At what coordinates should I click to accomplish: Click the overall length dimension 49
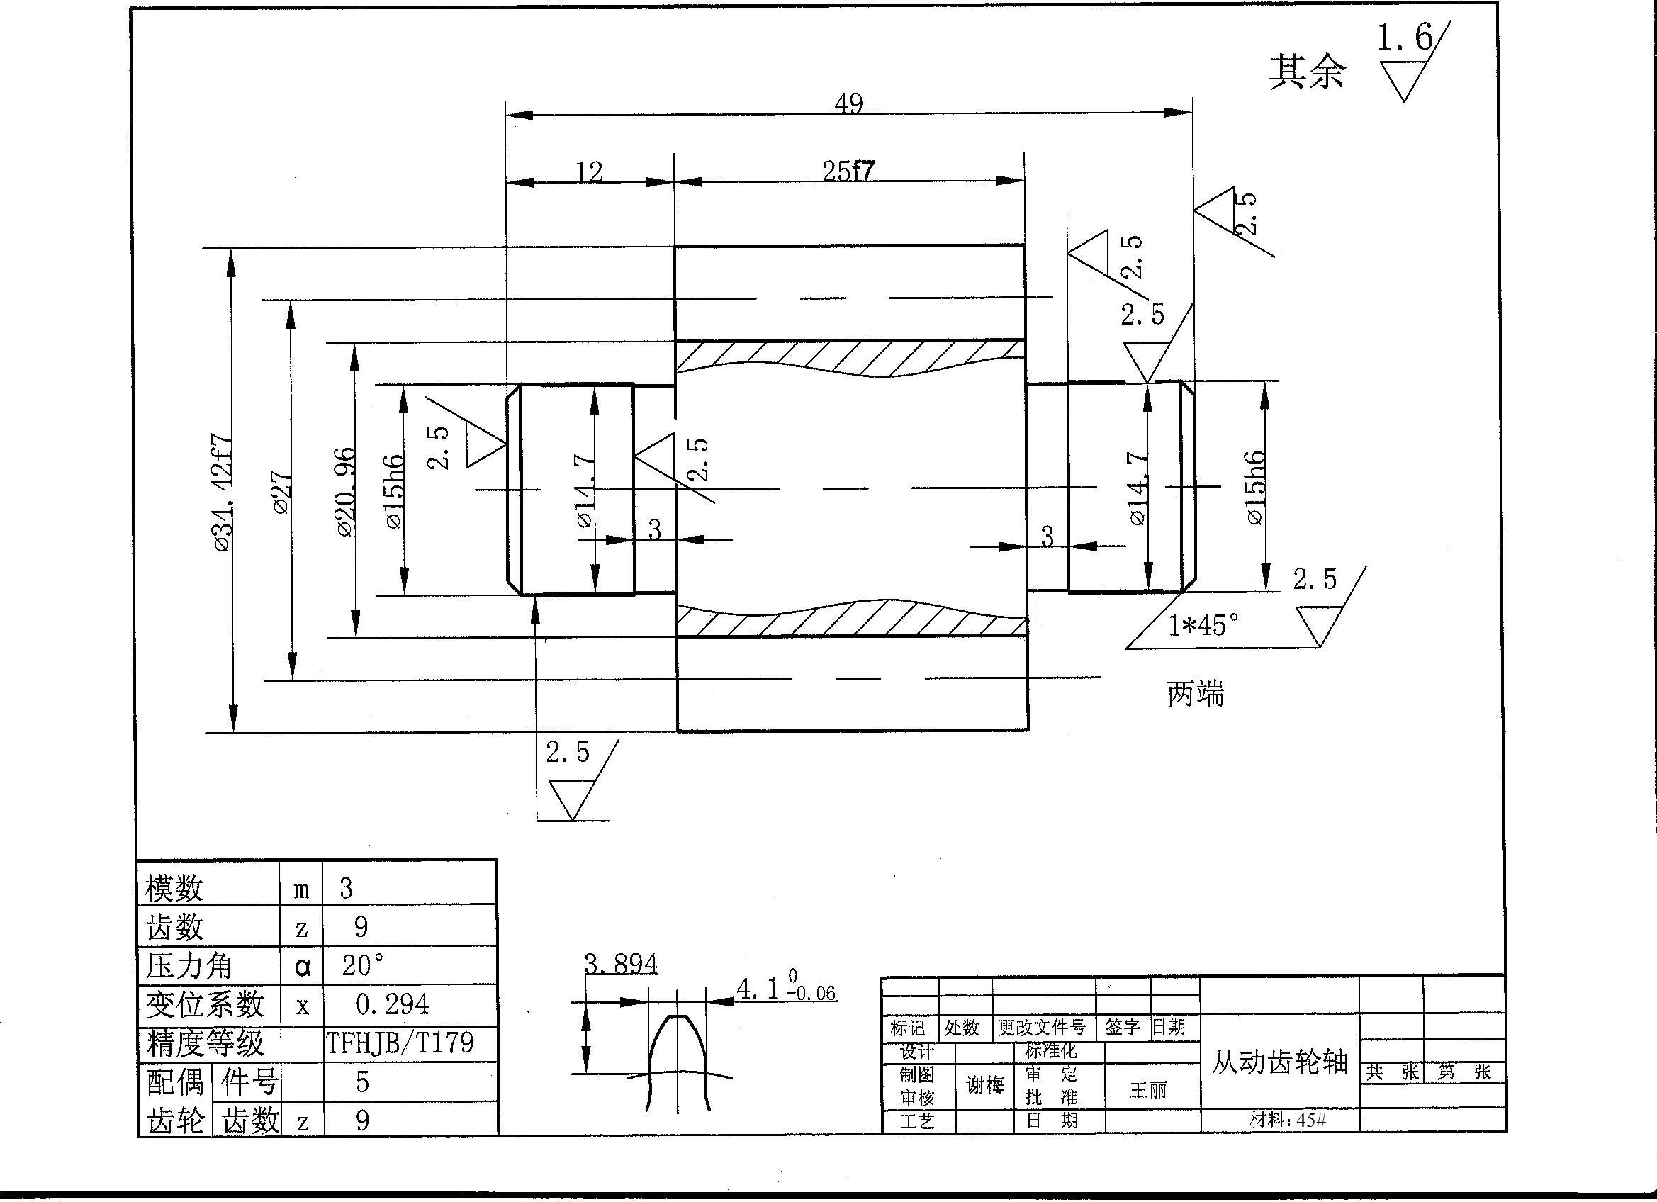(848, 103)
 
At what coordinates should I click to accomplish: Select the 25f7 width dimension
(848, 171)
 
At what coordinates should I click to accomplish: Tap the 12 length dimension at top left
(589, 172)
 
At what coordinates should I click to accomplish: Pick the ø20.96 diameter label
(346, 492)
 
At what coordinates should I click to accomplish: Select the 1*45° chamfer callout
(1203, 626)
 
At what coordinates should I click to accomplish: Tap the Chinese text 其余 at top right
(1306, 72)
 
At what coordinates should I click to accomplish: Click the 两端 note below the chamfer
(1195, 693)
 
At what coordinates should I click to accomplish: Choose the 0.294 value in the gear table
(393, 1005)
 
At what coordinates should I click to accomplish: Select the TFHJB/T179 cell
(400, 1043)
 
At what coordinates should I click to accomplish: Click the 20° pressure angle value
(361, 965)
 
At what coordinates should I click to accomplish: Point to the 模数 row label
(174, 889)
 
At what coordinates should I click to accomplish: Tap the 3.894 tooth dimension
(621, 965)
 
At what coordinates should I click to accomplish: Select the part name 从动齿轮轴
(1279, 1062)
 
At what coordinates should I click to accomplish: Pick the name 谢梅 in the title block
(984, 1085)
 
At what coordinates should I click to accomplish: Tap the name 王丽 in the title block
(1149, 1090)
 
